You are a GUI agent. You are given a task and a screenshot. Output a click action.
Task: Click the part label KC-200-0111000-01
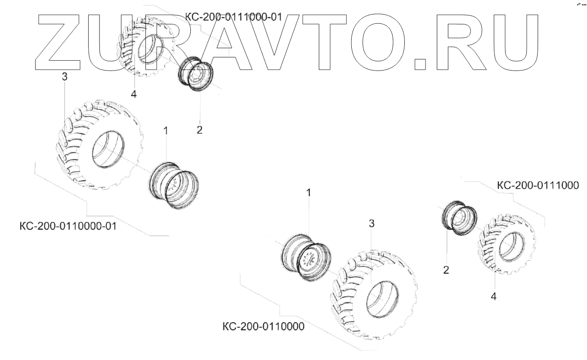point(233,18)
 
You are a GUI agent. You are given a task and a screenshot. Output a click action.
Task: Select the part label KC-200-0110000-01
point(68,226)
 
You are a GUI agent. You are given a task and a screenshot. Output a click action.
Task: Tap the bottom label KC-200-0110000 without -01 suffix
point(263,325)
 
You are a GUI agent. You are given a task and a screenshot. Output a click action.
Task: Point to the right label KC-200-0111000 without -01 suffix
point(538,185)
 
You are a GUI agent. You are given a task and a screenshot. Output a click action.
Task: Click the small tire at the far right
point(506,244)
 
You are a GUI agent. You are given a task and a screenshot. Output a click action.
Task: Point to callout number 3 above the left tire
point(64,77)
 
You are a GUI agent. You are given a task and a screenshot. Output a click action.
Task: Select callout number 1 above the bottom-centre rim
point(309,193)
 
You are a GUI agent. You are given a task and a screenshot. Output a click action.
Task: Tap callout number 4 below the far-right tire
point(493,297)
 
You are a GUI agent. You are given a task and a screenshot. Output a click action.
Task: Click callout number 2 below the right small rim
point(446,270)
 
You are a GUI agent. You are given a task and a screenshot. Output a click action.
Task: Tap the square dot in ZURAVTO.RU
point(420,63)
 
